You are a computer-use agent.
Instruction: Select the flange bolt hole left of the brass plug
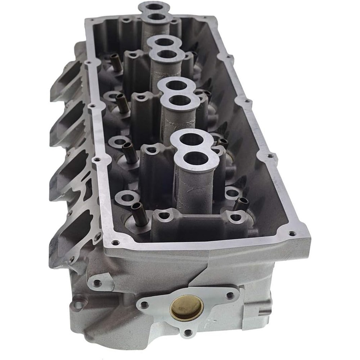pyautogui.click(x=145, y=305)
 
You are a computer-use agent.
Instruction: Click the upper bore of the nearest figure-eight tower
pyautogui.click(x=192, y=139)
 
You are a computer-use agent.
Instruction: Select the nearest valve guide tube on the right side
pyautogui.click(x=240, y=204)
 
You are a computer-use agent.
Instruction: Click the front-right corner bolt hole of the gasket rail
pyautogui.click(x=292, y=233)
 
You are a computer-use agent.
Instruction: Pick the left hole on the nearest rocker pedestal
pyautogui.click(x=164, y=215)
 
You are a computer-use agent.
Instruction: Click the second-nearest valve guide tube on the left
pyautogui.click(x=128, y=151)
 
